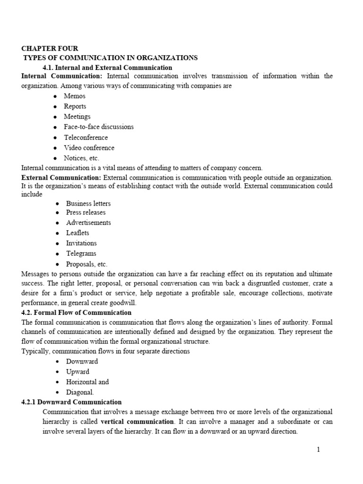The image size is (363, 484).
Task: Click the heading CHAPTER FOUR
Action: pos(50,48)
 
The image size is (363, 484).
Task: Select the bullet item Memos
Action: pos(75,96)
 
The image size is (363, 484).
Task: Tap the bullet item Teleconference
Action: pos(86,138)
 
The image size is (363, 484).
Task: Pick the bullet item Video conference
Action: pos(89,148)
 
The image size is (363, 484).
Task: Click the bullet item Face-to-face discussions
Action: pos(99,127)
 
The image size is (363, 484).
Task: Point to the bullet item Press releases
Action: pos(86,212)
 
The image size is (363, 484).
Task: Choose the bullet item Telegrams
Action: pos(81,254)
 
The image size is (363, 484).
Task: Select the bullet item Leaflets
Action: pos(78,233)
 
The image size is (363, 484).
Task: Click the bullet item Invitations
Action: pos(81,243)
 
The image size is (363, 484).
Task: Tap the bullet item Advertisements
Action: pos(88,223)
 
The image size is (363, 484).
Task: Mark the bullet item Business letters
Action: pos(88,203)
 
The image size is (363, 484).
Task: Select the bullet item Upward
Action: pos(78,372)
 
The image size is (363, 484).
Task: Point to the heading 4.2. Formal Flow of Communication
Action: pos(77,313)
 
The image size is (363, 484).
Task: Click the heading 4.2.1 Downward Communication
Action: pos(71,402)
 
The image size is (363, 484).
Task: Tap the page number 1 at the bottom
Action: pos(319,449)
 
